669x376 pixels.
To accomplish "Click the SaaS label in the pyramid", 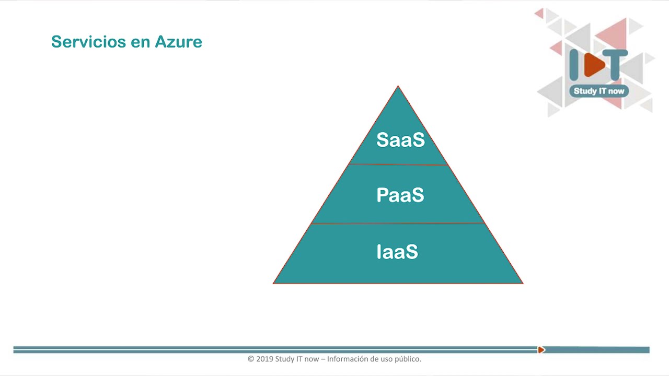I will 400,140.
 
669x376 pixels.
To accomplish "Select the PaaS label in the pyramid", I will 400,195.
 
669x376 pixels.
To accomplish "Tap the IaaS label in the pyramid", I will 397,252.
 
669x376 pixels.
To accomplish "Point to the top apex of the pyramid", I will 398,87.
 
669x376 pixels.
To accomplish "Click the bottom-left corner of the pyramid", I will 274,283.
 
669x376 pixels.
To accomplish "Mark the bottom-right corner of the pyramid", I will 522,283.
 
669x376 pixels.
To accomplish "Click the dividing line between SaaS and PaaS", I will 398,164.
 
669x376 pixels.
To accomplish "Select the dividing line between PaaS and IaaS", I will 398,224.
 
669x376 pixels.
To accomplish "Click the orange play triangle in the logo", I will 593,65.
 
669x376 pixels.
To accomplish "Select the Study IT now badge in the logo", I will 599,91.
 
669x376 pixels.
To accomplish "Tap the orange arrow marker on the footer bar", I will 541,350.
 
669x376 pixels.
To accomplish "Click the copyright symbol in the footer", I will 251,359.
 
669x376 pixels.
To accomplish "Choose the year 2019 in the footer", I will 264,359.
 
